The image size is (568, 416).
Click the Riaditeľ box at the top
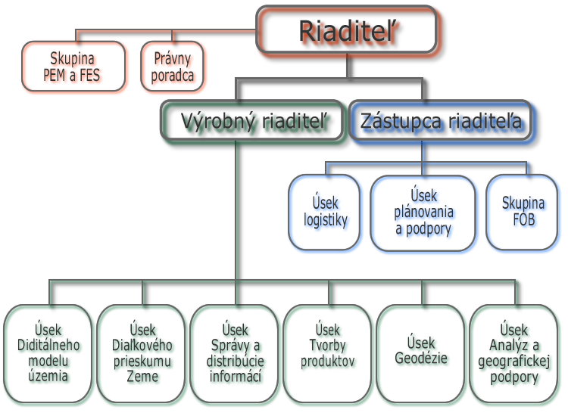(349, 32)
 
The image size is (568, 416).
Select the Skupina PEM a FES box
(73, 67)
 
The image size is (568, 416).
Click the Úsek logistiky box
(326, 212)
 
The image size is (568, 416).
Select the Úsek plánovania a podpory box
(423, 212)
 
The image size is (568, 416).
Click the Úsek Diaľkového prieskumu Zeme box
(142, 353)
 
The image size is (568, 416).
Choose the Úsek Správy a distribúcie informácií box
(237, 353)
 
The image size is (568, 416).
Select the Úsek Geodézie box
(423, 353)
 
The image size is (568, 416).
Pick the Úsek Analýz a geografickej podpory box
(517, 353)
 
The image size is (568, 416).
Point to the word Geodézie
(423, 360)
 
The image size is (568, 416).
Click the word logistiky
(326, 221)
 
